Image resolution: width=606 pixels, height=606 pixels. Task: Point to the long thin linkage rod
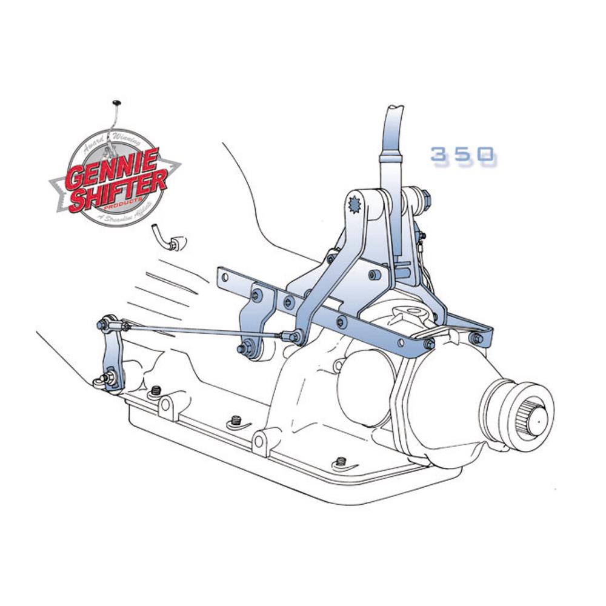pyautogui.click(x=200, y=330)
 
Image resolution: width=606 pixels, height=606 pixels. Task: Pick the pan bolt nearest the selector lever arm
pyautogui.click(x=156, y=391)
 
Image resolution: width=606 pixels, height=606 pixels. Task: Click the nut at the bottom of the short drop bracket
pyautogui.click(x=244, y=349)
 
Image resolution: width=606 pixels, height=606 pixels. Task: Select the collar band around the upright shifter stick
pyautogui.click(x=391, y=158)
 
